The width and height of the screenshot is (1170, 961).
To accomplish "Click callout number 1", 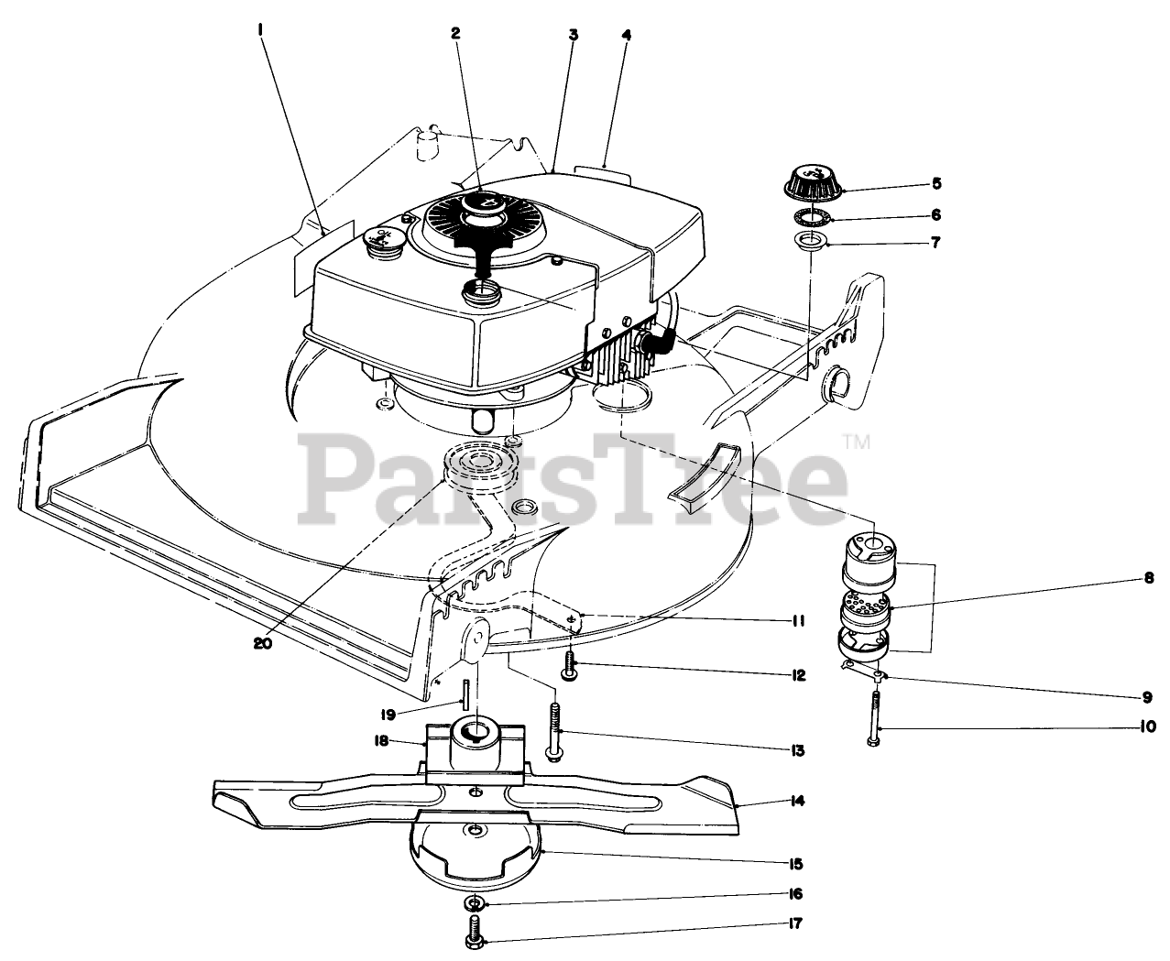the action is [261, 29].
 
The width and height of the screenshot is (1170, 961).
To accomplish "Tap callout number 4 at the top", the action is [627, 36].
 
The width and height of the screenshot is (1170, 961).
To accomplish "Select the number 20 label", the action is [263, 643].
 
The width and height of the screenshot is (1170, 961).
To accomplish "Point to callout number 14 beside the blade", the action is [797, 801].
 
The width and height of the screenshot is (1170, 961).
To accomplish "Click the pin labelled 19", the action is [465, 693].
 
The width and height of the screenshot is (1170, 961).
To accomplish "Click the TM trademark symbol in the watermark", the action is [860, 442].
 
